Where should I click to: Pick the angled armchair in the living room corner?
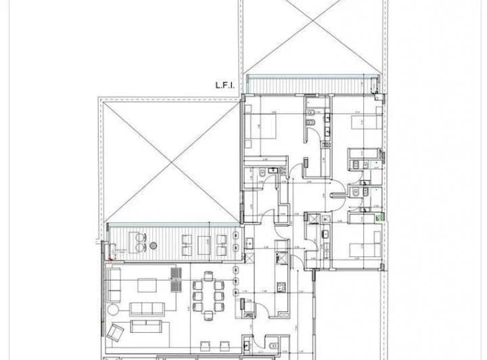click(117, 333)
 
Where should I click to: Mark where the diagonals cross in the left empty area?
click(171, 161)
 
